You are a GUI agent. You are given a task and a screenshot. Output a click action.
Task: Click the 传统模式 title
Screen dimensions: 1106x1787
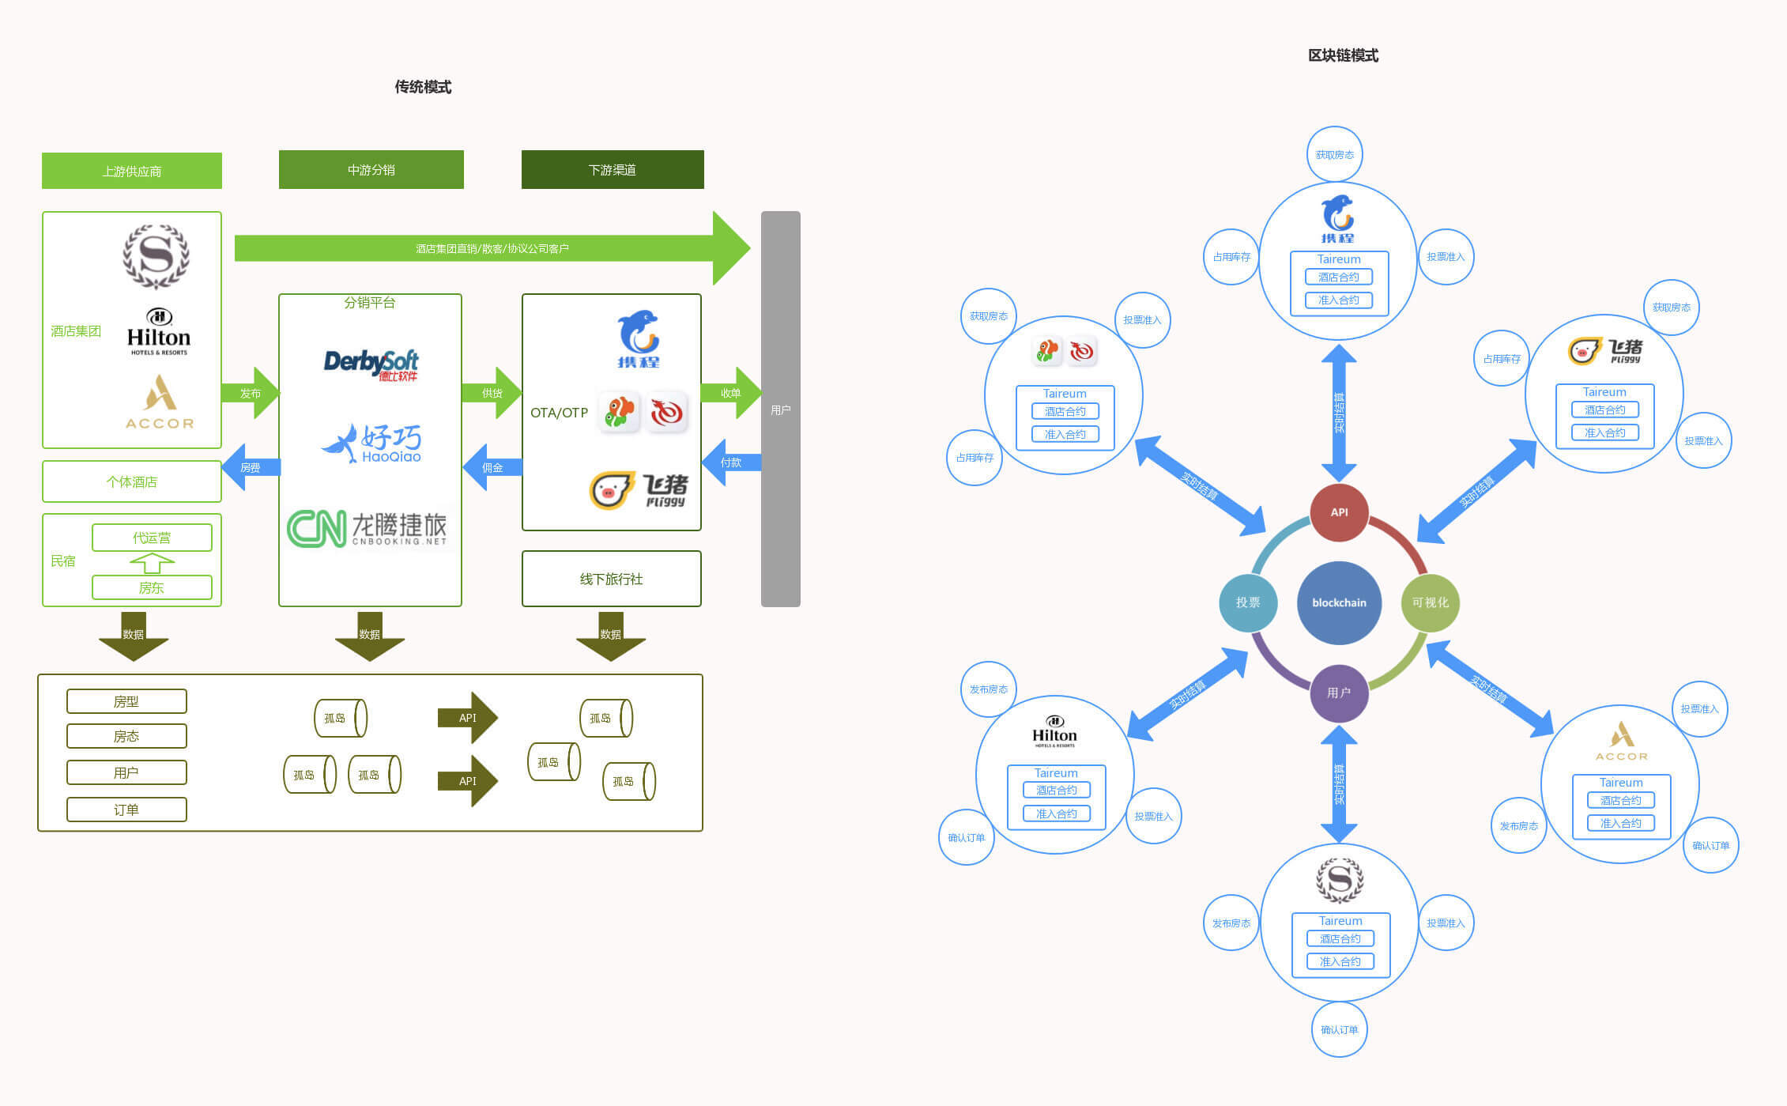coord(423,87)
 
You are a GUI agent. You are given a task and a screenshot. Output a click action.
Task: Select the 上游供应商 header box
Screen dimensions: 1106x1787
coord(132,171)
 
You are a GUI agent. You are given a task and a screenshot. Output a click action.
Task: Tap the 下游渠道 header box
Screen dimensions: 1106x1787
coord(613,170)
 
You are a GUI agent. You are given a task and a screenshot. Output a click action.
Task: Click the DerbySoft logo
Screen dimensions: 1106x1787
coord(371,364)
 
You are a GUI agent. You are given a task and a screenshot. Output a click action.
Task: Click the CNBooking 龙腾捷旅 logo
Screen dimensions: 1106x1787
coord(367,528)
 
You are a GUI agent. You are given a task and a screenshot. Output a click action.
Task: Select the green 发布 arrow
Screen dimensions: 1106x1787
coord(251,393)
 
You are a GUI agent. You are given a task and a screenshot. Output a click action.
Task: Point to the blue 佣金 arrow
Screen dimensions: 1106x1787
coord(492,467)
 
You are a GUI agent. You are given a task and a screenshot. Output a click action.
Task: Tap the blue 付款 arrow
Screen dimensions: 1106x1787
coord(731,462)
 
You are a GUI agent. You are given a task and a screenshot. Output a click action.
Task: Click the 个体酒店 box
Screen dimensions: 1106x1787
coord(132,481)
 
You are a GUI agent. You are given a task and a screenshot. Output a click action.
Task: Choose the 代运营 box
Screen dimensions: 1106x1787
coord(152,538)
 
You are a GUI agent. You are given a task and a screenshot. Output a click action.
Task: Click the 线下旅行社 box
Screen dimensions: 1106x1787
coord(611,579)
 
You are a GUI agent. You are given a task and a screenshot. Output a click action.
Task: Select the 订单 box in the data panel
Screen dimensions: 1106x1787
coord(126,810)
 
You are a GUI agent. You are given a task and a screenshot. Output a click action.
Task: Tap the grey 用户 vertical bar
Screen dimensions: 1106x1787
coord(781,409)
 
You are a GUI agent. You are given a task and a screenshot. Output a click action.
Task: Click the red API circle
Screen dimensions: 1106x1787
coord(1339,512)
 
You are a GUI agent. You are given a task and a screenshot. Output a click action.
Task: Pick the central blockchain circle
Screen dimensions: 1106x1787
coord(1339,602)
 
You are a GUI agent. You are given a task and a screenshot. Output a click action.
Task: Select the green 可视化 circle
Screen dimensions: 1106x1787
coord(1430,602)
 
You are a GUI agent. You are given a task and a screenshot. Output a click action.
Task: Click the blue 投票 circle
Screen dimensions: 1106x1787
coord(1248,602)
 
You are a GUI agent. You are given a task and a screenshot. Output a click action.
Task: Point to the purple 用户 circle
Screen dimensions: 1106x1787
coord(1339,693)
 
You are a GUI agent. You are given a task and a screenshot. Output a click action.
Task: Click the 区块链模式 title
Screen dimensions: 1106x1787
coord(1343,55)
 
